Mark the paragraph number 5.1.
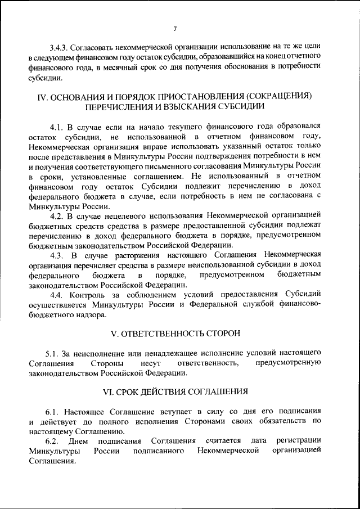tap(58, 353)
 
